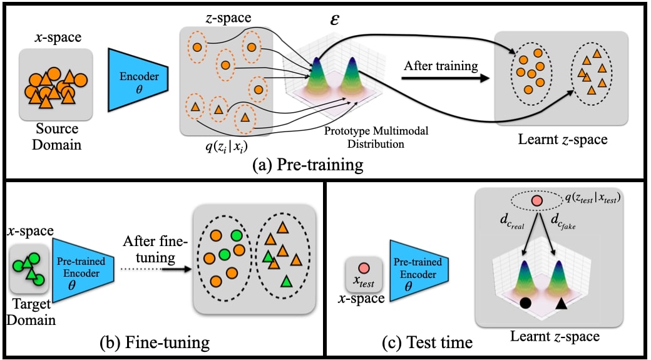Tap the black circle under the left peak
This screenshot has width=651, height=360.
tap(526, 304)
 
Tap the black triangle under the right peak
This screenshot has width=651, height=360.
tap(561, 304)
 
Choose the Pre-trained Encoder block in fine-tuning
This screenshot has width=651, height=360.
tap(86, 267)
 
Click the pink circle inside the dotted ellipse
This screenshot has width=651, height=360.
tap(536, 201)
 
